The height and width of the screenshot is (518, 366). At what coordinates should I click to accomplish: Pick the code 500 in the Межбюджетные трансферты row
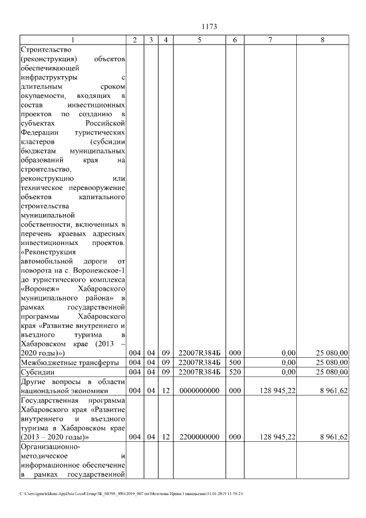[234, 363]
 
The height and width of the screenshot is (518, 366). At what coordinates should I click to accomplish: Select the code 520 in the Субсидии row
[234, 372]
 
